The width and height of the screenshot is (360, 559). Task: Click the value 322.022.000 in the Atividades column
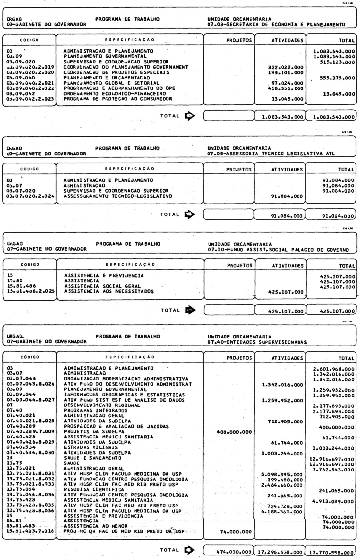click(x=285, y=67)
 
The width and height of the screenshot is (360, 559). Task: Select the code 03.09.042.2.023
click(x=31, y=99)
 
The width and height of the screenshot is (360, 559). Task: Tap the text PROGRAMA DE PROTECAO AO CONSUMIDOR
click(x=118, y=99)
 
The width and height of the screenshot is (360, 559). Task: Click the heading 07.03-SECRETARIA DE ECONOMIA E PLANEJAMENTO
click(x=276, y=24)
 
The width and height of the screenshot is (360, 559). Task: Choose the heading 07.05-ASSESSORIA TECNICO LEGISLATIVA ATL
click(x=271, y=154)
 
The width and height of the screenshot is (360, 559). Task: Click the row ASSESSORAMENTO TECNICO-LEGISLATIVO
click(x=118, y=196)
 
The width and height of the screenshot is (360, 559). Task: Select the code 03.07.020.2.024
click(x=31, y=196)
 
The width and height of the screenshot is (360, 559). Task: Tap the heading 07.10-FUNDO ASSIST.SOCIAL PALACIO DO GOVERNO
click(x=278, y=249)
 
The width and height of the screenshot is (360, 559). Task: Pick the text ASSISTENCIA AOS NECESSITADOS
click(x=109, y=292)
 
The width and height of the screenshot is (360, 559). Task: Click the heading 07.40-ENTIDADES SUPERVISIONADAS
click(x=257, y=342)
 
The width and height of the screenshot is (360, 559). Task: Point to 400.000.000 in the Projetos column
click(x=234, y=432)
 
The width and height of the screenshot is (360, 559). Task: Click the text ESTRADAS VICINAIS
click(x=91, y=447)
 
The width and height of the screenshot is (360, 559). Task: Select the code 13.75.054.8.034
click(x=31, y=495)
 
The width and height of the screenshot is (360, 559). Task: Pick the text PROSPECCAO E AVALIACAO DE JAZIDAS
click(x=116, y=427)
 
